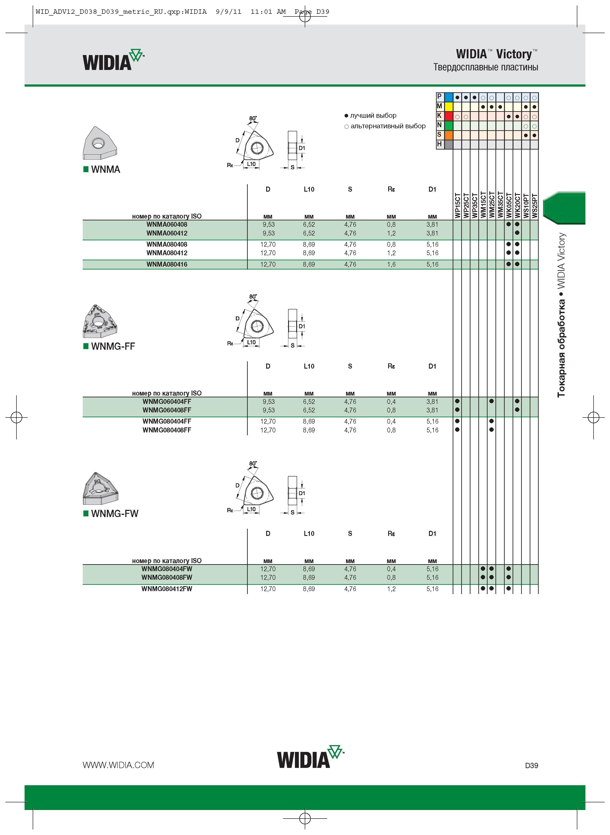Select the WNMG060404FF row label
pyautogui.click(x=167, y=401)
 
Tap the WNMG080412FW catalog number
pyautogui.click(x=167, y=589)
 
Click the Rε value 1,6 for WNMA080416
pyautogui.click(x=391, y=264)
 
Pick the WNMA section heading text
pyautogui.click(x=106, y=169)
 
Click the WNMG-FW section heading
pyautogui.click(x=115, y=514)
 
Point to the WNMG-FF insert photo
pyautogui.click(x=100, y=321)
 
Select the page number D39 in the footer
pyautogui.click(x=531, y=766)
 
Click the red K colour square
pyautogui.click(x=449, y=116)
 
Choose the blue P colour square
pyautogui.click(x=449, y=97)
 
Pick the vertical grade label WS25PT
pyautogui.click(x=535, y=205)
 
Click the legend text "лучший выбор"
pyautogui.click(x=373, y=116)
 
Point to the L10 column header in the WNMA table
pyautogui.click(x=309, y=189)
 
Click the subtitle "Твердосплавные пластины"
pyautogui.click(x=486, y=67)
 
